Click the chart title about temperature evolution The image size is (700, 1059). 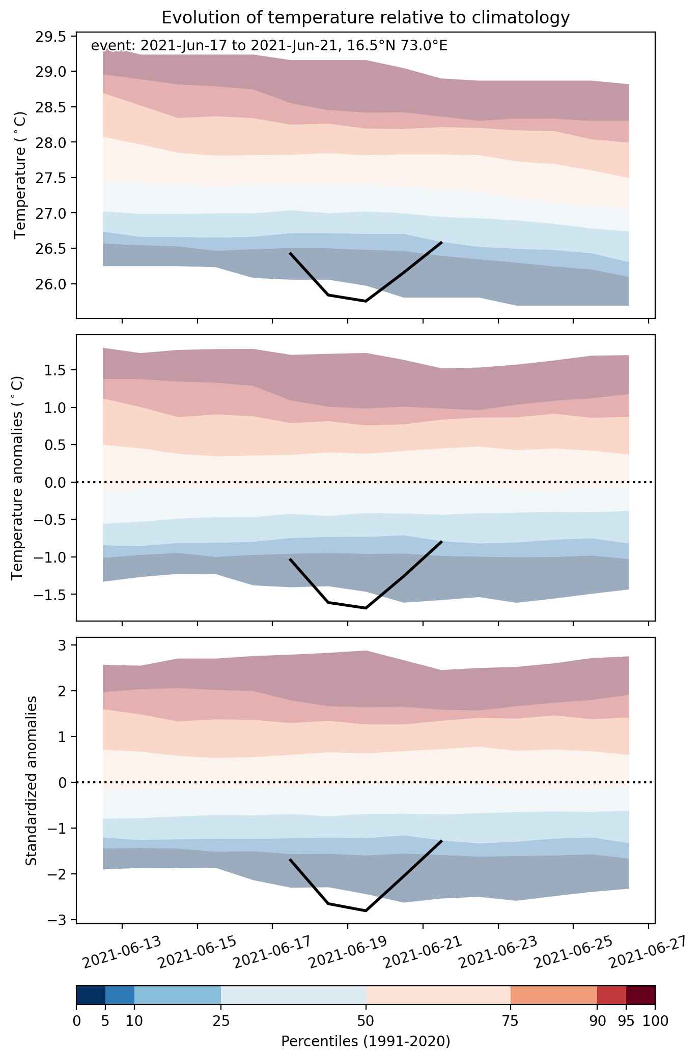click(365, 18)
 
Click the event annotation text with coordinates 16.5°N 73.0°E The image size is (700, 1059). click(269, 46)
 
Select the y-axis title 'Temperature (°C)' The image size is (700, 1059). click(20, 175)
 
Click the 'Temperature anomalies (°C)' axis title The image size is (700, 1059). click(18, 478)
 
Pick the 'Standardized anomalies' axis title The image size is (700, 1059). click(31, 780)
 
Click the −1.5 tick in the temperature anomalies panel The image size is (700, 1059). click(51, 595)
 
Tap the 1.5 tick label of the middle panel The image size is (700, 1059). click(55, 370)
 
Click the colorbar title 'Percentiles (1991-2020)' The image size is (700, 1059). click(366, 1041)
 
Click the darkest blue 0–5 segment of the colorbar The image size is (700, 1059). click(91, 995)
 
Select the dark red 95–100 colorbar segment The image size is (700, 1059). click(640, 995)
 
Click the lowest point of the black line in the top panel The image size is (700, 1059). click(366, 301)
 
